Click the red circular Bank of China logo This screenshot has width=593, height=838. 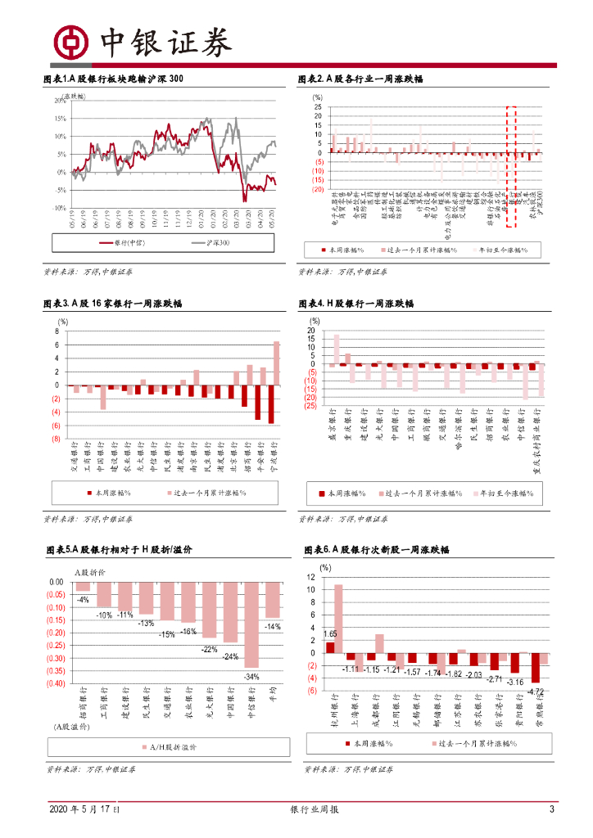pos(71,41)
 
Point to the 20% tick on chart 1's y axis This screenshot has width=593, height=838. pos(60,101)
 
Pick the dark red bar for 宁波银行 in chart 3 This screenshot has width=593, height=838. pos(270,404)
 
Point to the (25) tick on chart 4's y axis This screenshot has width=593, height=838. pos(310,406)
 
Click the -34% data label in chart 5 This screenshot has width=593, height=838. pos(252,677)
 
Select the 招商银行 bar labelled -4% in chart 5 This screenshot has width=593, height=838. pos(83,586)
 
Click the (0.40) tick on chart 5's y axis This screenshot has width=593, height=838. pos(55,683)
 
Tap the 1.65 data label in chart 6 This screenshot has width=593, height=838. pos(330,634)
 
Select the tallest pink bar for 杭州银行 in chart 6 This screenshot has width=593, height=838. pos(338,619)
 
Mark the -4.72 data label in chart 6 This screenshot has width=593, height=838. pos(536,692)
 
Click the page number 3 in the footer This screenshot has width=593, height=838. pos(552,810)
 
